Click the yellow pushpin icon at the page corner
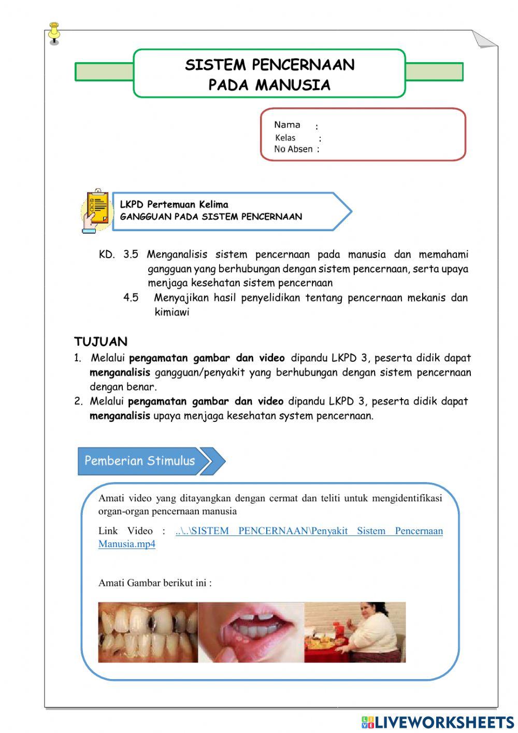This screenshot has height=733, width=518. tap(54, 33)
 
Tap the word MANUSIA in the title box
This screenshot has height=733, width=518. tap(300, 85)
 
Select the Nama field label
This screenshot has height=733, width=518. tap(287, 125)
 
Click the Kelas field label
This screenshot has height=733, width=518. tap(285, 138)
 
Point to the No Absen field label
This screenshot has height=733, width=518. tap(293, 149)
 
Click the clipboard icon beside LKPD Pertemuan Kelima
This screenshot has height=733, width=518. tap(97, 210)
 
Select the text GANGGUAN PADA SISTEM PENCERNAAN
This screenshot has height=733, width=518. tap(211, 217)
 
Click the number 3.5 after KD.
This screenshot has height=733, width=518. tap(131, 255)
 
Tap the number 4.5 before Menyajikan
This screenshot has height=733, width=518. tap(131, 298)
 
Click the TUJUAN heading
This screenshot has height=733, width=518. tap(100, 342)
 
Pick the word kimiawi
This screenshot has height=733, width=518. tap(172, 312)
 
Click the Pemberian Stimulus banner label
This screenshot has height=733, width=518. tap(139, 461)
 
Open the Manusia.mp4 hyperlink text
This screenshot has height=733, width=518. tap(127, 544)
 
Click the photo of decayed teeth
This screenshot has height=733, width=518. tap(148, 632)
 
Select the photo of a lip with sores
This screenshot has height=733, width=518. tap(251, 632)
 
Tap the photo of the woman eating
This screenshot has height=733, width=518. tap(355, 632)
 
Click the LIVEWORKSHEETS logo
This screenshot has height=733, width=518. tap(438, 722)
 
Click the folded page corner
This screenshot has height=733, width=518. tap(484, 39)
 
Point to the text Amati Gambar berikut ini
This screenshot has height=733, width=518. tap(155, 583)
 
